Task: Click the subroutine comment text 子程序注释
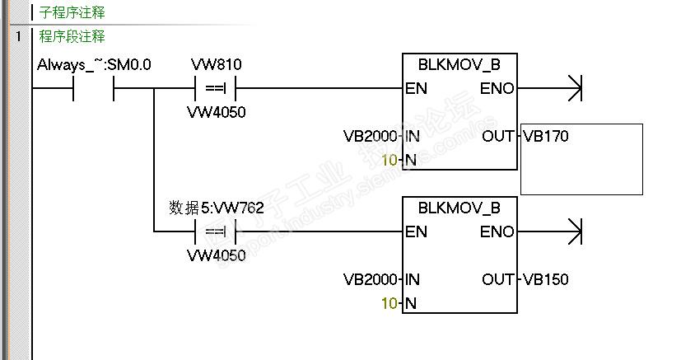[x=72, y=13]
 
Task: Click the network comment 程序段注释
[x=72, y=37]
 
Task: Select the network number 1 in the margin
[x=17, y=37]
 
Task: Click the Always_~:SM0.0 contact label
[x=94, y=64]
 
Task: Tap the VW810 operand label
[x=216, y=64]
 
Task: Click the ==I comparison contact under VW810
[x=216, y=87]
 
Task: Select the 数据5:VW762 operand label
[x=216, y=208]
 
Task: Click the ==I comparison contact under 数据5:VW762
[x=216, y=231]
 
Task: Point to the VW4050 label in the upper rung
[x=216, y=112]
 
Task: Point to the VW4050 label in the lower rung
[x=216, y=255]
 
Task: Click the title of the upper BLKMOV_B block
[x=459, y=64]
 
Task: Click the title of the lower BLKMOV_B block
[x=459, y=208]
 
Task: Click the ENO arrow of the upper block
[x=572, y=87]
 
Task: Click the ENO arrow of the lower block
[x=572, y=231]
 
